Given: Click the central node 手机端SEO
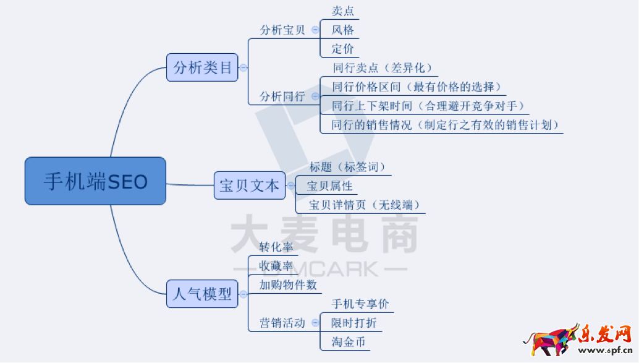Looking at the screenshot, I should pos(95,181).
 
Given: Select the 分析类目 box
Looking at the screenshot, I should pos(202,67).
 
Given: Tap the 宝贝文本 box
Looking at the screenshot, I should pos(250,186).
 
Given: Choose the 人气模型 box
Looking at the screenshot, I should pos(202,294).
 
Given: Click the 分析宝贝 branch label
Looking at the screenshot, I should pos(282,30).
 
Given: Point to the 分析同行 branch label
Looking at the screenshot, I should pos(282,96).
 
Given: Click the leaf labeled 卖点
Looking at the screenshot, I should pos(342,11).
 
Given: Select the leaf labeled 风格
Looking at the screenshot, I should pos(342,30).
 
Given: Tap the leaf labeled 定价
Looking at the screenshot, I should pos(342,49).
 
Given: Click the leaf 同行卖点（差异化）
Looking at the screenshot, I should pos(383,68).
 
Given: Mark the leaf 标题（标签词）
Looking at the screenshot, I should pos(347,167).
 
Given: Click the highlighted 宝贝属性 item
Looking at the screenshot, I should pos(330,186).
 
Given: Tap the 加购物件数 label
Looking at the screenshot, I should pos(288,284).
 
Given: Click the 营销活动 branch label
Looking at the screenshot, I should pos(282,323).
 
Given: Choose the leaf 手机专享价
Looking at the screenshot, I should pos(360,304).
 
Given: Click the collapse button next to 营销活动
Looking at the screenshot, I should pos(315,323).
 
